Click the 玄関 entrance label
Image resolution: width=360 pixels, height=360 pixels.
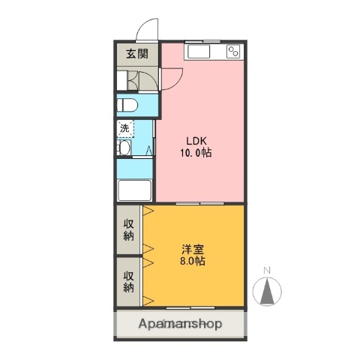coord(136,53)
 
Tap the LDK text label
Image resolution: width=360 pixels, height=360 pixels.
coord(196,139)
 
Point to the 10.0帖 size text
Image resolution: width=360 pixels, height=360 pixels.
coord(196,152)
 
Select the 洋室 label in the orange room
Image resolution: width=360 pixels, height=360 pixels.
coord(192,249)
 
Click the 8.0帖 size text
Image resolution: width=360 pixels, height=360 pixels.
coord(192,262)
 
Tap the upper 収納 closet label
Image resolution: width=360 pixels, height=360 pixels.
coord(128,229)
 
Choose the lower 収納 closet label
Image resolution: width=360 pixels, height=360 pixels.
coord(128,280)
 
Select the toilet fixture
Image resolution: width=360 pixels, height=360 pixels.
coord(128,104)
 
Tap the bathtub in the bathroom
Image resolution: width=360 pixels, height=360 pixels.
coord(135,190)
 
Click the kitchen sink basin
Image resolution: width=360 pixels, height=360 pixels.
coord(200,52)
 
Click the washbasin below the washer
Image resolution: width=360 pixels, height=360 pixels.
coord(124,148)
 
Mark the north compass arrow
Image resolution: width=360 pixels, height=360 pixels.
coord(267,291)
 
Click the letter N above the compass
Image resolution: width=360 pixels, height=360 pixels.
coord(267,271)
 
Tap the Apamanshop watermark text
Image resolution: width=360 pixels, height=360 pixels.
coord(180,325)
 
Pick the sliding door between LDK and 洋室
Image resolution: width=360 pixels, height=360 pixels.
coord(200,203)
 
